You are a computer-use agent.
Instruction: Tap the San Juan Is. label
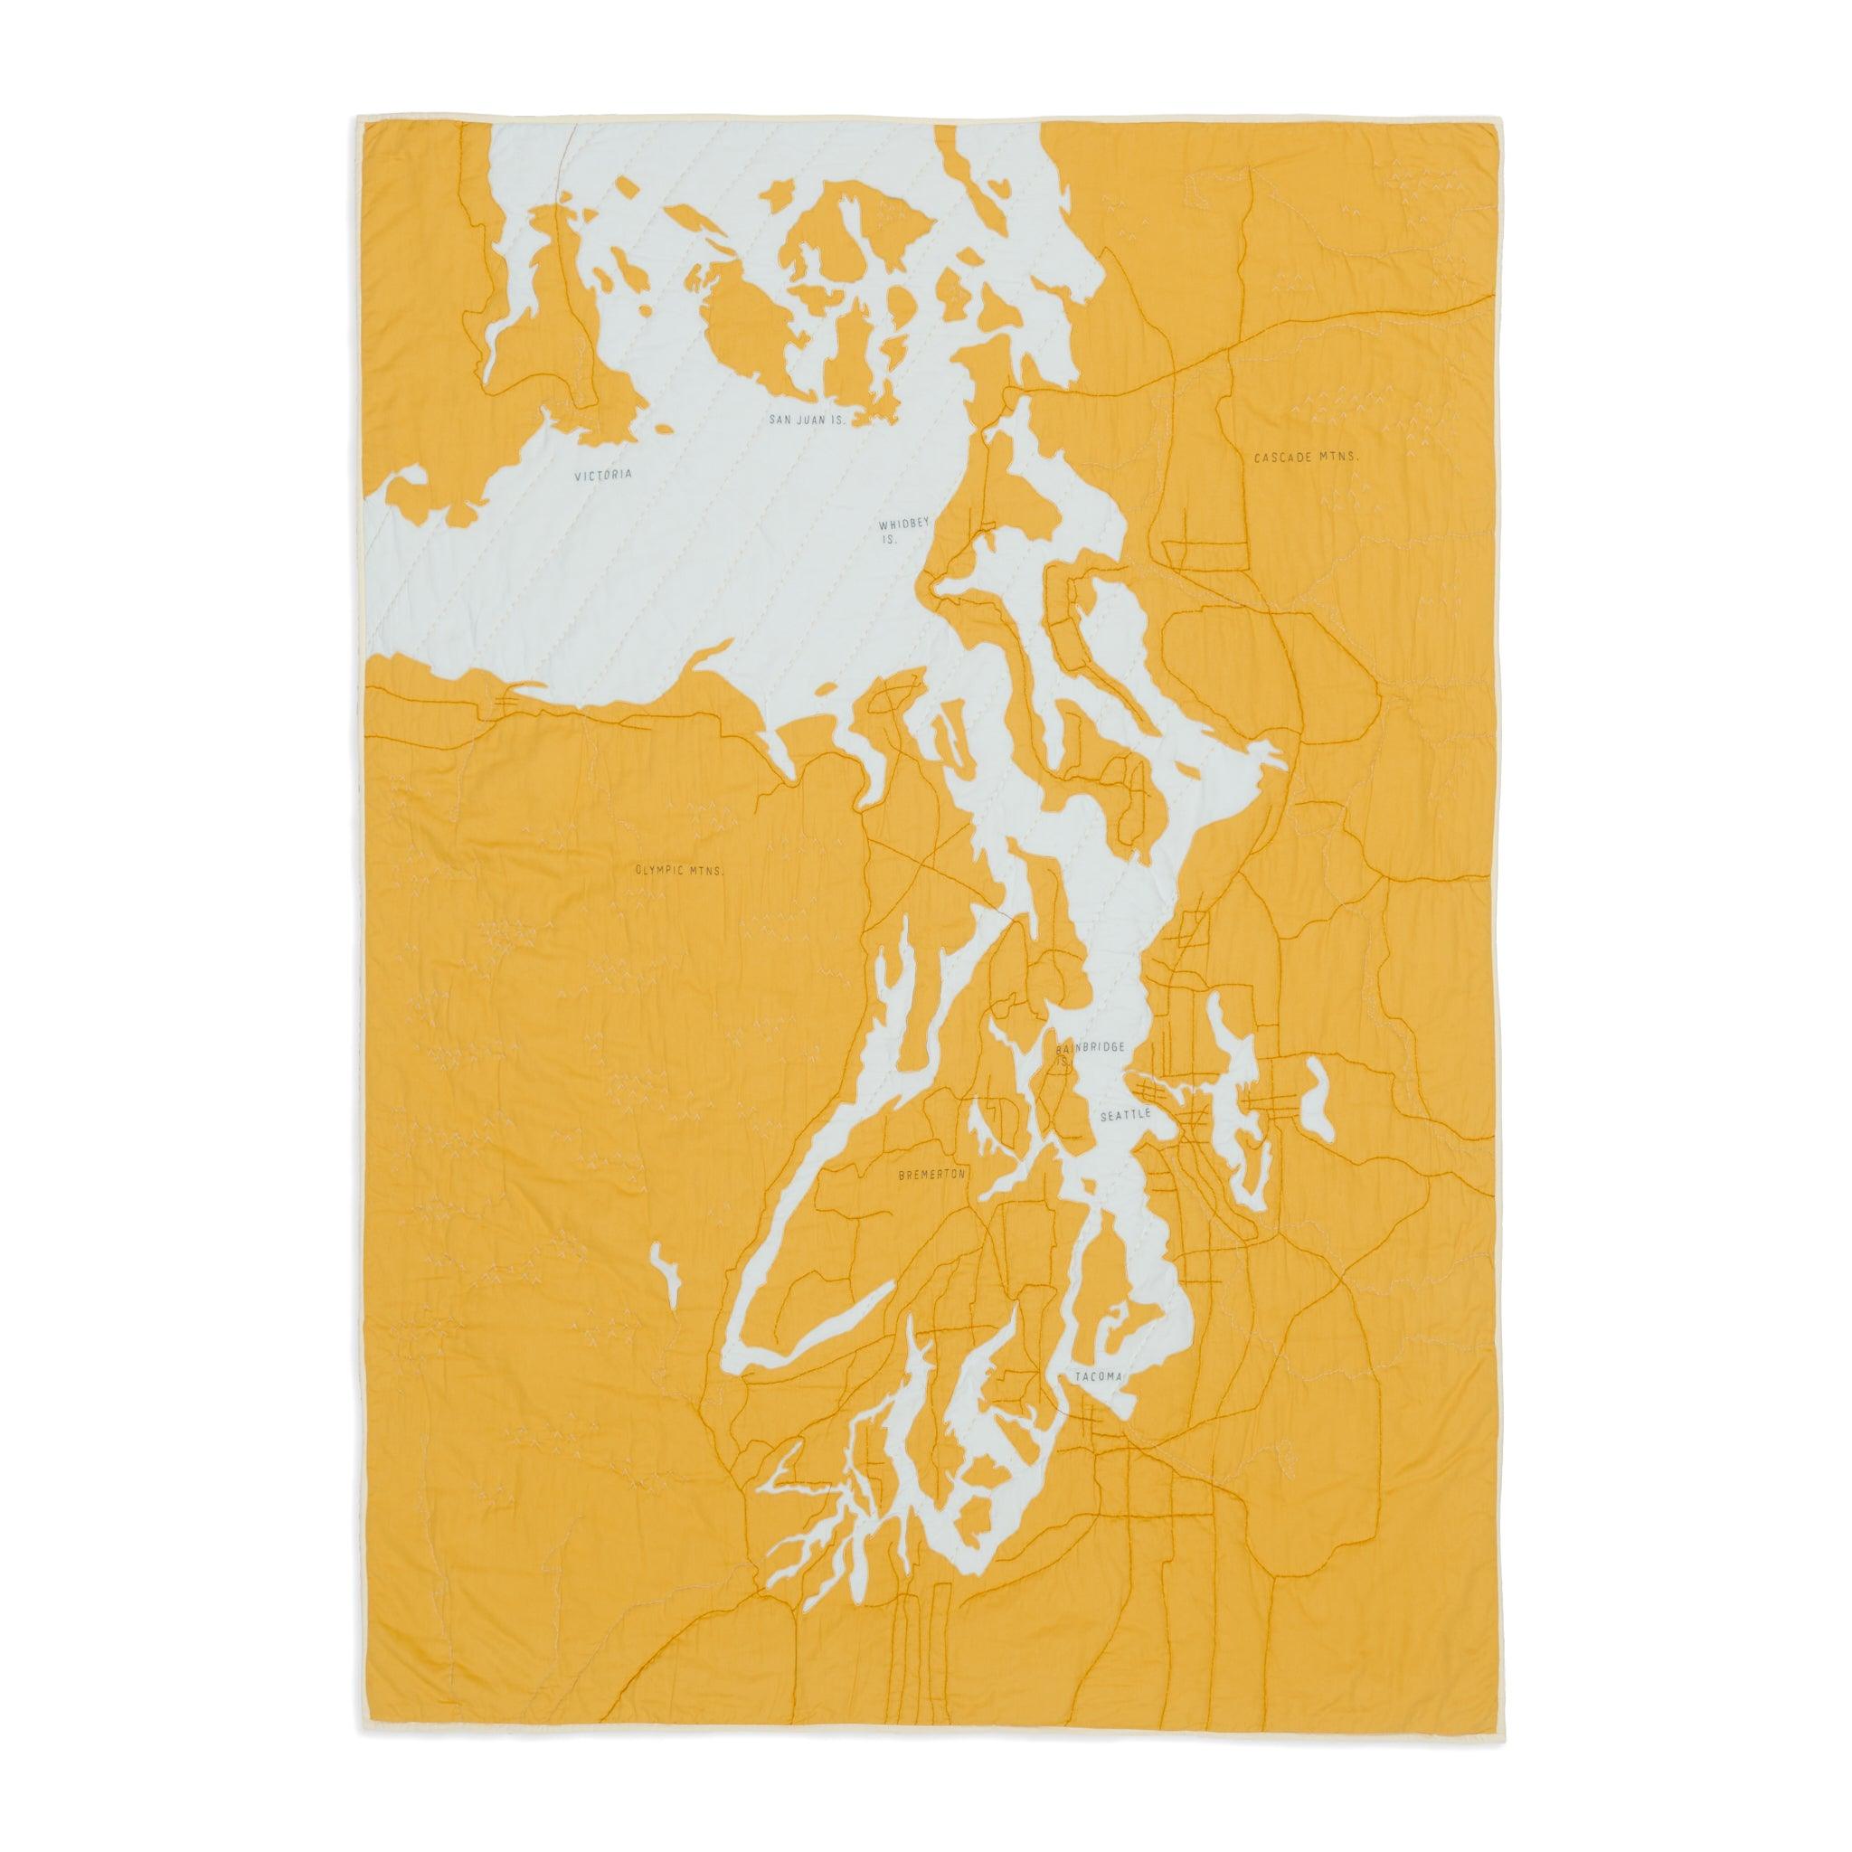click(808, 420)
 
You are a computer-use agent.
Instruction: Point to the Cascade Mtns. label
click(1307, 459)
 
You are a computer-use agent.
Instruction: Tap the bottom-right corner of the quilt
click(1497, 1734)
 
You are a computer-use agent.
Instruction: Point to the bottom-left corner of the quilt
click(362, 1734)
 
